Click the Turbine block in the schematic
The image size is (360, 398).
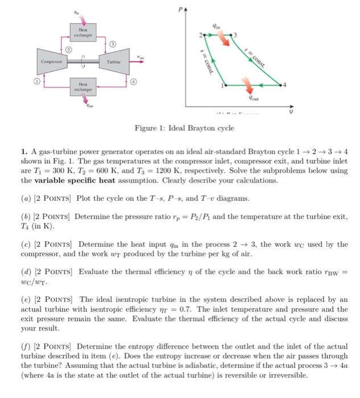click(109, 60)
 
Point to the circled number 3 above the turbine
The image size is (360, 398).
click(113, 44)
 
